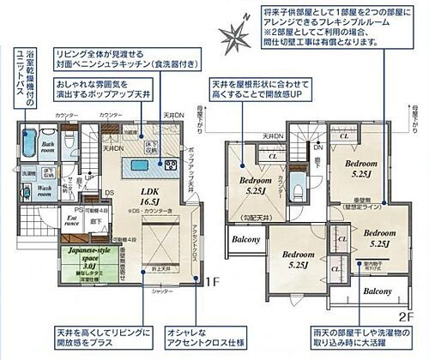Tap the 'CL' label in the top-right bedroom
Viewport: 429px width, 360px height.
pos(343,136)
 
